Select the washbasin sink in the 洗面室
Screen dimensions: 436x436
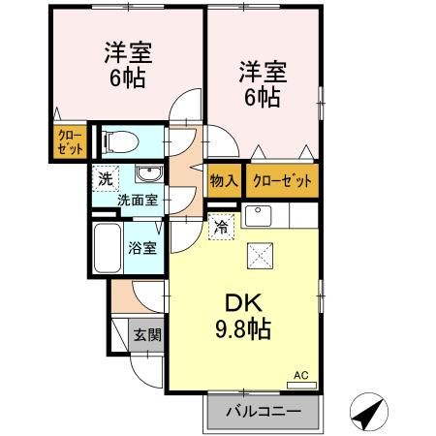coord(148,175)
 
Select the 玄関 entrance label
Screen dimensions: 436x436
coord(147,335)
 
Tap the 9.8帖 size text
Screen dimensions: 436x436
coord(243,328)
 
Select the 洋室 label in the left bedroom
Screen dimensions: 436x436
coord(128,51)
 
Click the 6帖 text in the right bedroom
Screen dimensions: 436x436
coord(262,97)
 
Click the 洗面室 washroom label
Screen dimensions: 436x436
coord(138,201)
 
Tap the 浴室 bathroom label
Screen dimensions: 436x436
coord(142,246)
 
